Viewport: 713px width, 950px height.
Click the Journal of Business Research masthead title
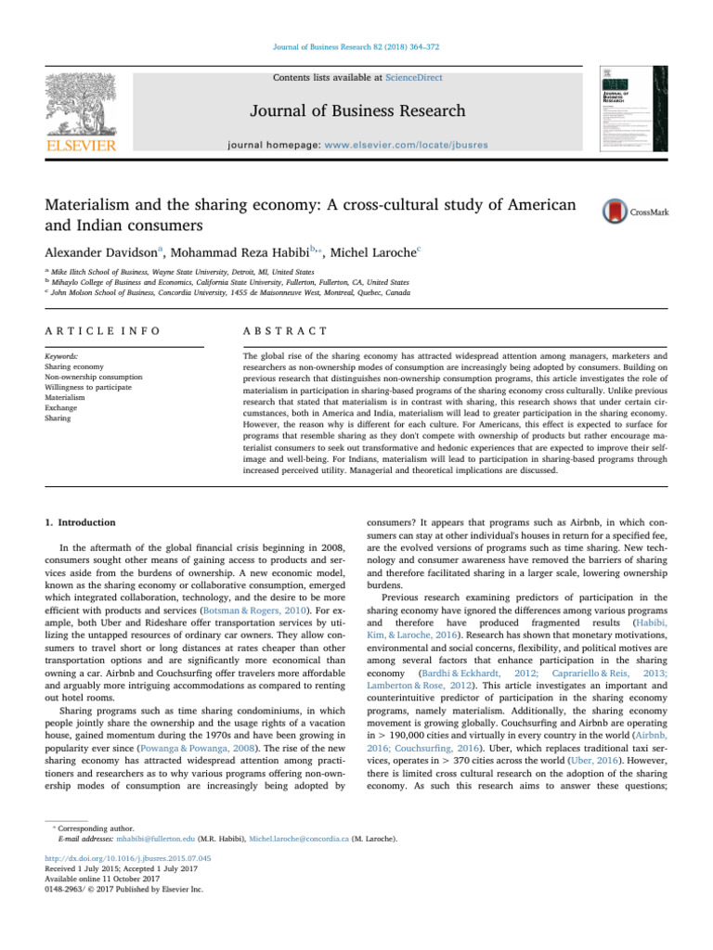356,111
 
